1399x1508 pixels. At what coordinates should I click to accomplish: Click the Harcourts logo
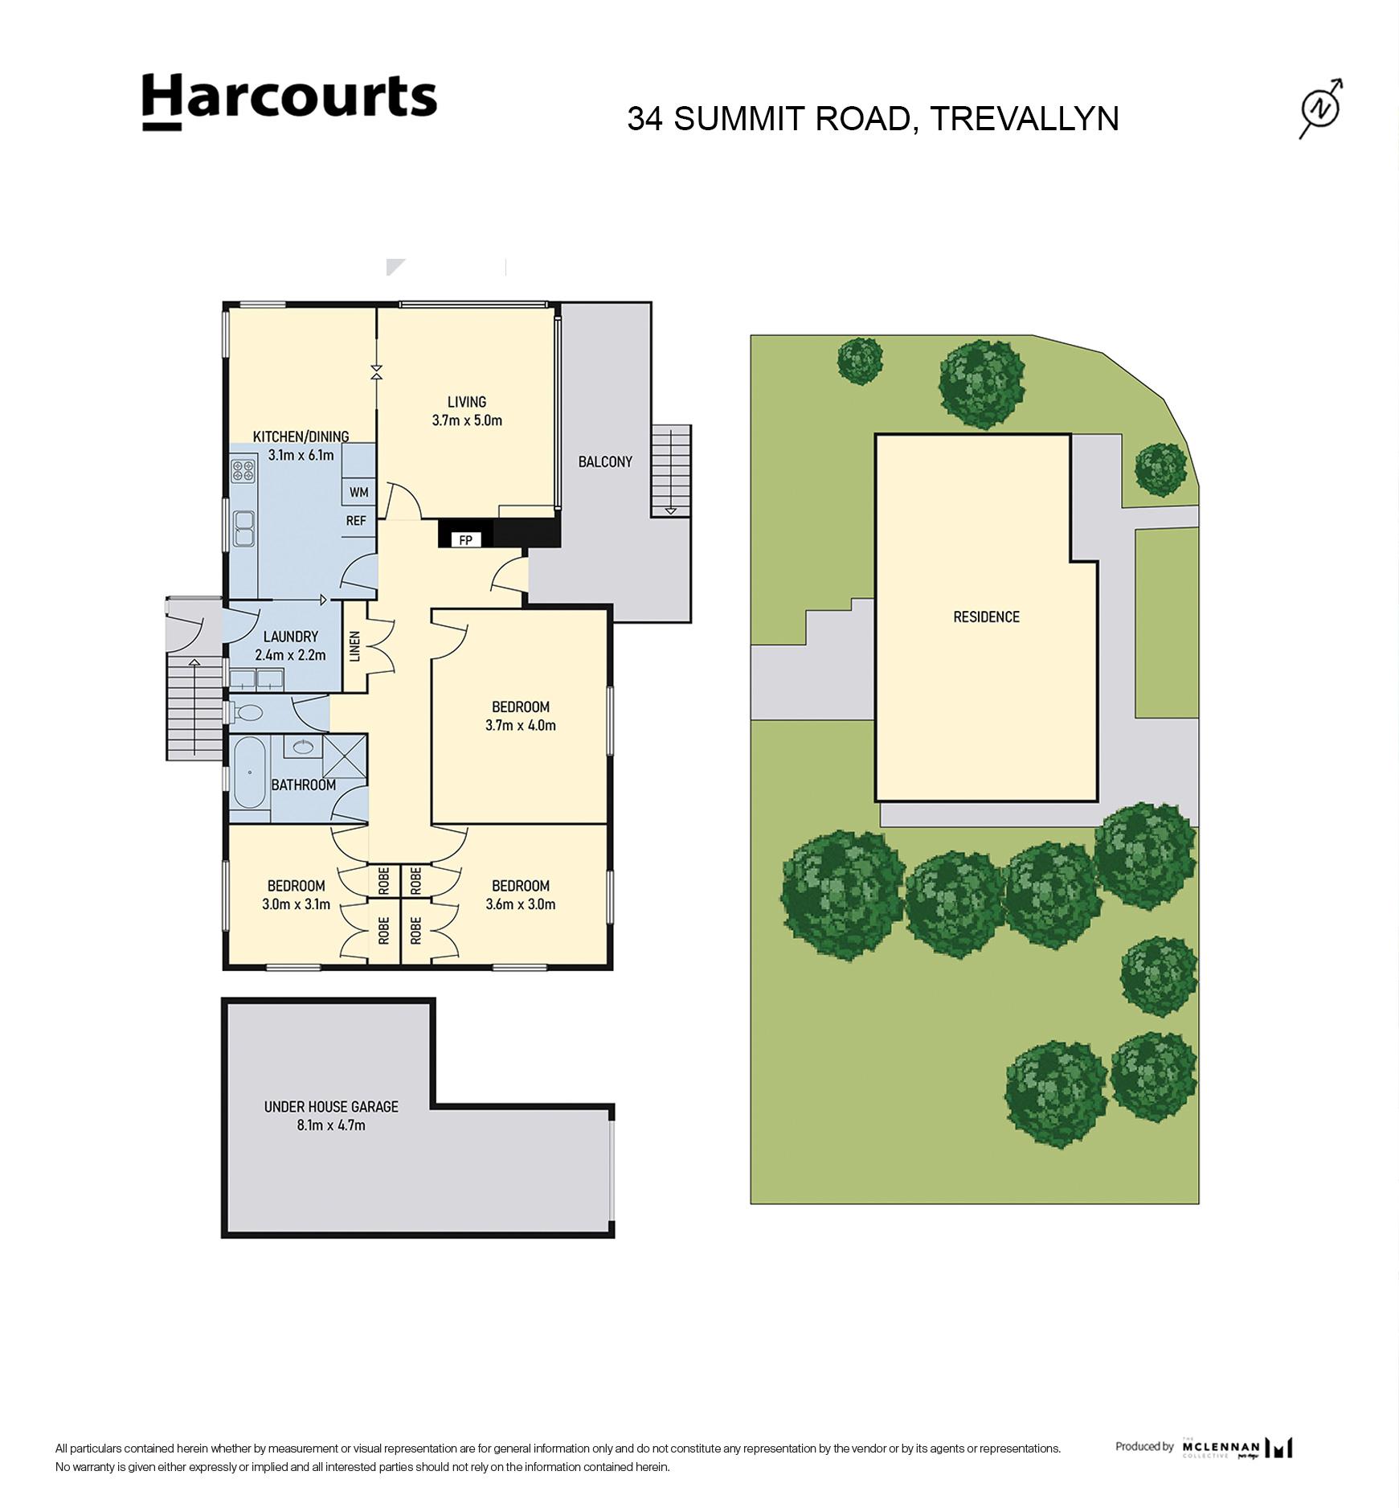tap(289, 102)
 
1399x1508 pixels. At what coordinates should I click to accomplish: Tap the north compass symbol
tap(1322, 109)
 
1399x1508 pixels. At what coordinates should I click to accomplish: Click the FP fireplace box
tap(466, 539)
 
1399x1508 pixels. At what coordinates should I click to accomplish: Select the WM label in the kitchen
tap(358, 492)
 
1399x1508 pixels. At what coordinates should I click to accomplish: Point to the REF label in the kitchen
tap(356, 521)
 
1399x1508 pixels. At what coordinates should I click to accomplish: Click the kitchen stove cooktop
tap(243, 469)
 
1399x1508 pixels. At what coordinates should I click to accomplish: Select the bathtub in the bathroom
tap(249, 773)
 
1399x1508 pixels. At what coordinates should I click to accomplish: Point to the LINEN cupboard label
tap(355, 646)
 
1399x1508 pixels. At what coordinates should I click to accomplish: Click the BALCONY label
tap(605, 461)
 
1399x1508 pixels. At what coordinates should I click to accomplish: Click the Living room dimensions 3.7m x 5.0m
tap(467, 420)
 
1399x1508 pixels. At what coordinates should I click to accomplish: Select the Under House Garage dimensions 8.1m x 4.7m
tap(331, 1125)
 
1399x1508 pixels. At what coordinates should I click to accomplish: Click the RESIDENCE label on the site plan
tap(986, 617)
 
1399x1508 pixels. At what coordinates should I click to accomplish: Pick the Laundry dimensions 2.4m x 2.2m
tap(290, 654)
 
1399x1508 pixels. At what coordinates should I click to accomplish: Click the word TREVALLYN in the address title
tap(1024, 118)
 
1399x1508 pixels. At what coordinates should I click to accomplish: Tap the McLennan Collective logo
tap(1237, 1448)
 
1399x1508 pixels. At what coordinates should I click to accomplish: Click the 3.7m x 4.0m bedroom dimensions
tap(521, 725)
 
